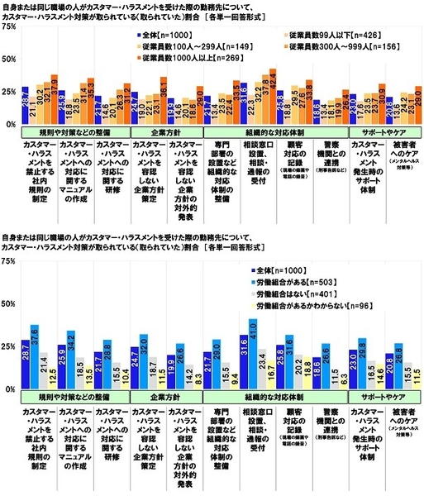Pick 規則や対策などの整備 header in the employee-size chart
pos(56,131)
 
